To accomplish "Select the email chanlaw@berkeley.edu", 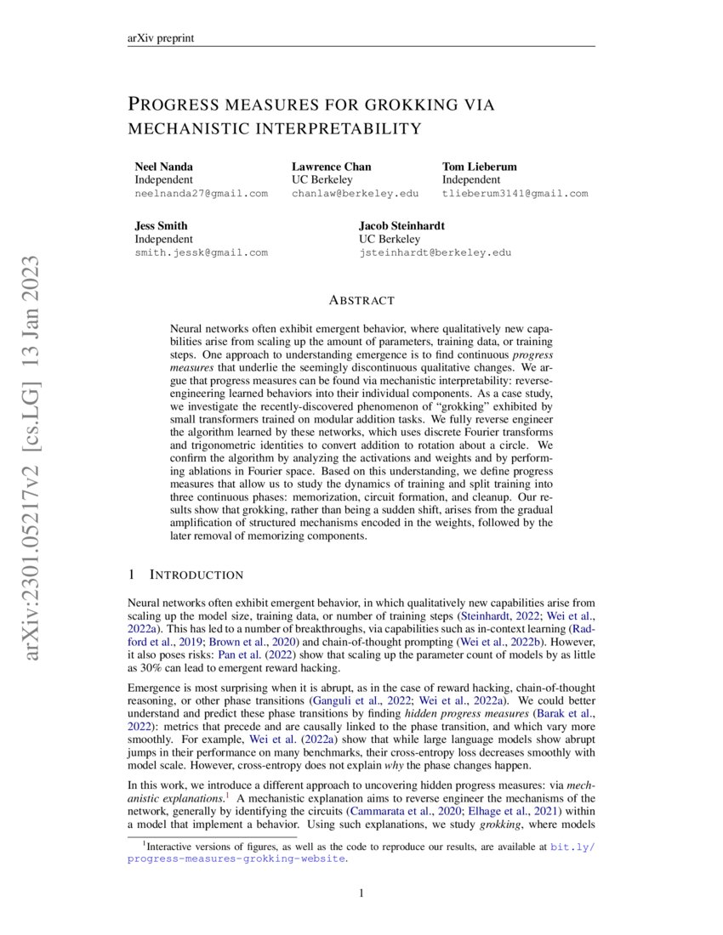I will click(x=355, y=194).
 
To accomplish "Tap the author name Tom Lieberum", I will click(x=479, y=166).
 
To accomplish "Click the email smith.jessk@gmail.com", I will click(x=201, y=252).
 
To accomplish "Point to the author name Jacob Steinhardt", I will click(x=401, y=225).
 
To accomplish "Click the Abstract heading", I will click(x=361, y=300).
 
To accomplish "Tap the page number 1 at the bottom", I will click(x=361, y=892).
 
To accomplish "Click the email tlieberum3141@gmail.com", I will click(x=515, y=194).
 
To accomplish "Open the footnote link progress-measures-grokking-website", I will click(x=236, y=859).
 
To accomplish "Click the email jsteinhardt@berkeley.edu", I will click(x=435, y=252).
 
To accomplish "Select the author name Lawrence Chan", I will click(x=331, y=166).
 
